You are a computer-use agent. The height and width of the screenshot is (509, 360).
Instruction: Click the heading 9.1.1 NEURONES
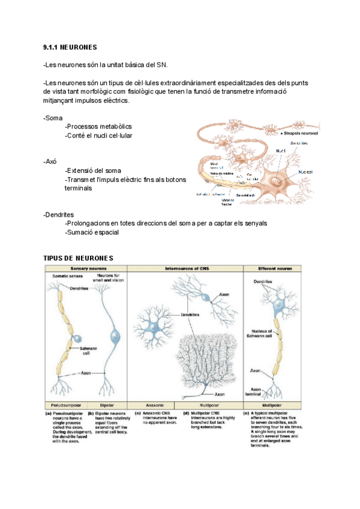point(70,47)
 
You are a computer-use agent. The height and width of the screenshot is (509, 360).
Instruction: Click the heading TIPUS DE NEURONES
point(78,258)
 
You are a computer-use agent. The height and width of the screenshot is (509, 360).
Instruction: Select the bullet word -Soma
point(53,118)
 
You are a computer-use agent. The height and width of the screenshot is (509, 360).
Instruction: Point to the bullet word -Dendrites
point(59,214)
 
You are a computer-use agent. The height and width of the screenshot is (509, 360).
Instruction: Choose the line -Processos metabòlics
point(98,127)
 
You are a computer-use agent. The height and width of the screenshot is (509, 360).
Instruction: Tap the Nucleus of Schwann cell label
point(261,333)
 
